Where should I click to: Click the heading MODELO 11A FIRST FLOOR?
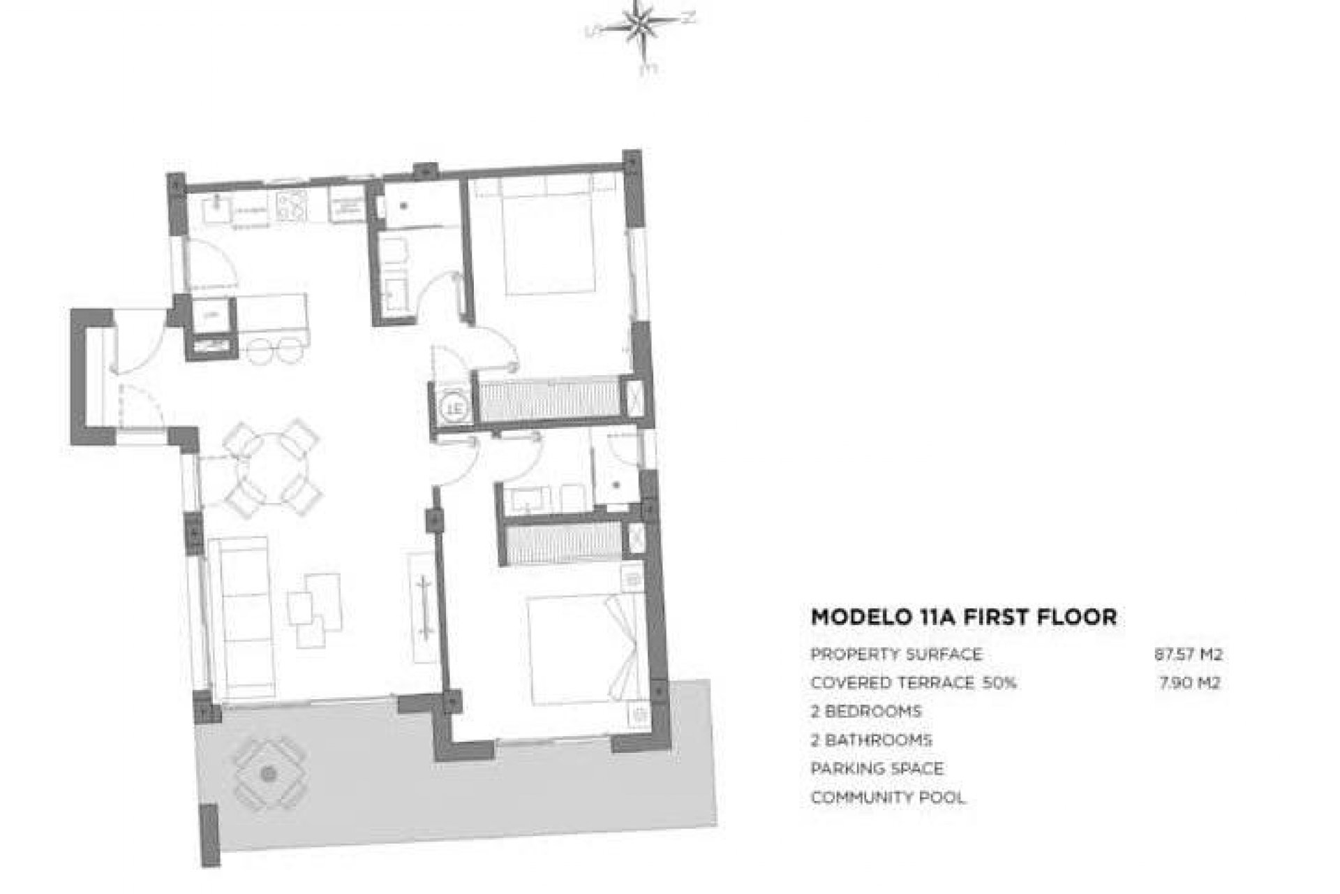pos(963,617)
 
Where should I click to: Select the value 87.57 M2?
pos(1187,654)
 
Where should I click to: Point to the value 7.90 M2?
pos(1189,682)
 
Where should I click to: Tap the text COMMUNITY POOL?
pos(888,797)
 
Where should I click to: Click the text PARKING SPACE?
pos(877,768)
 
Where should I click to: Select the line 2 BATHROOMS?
pos(871,740)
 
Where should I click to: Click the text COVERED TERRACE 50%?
pos(913,682)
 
